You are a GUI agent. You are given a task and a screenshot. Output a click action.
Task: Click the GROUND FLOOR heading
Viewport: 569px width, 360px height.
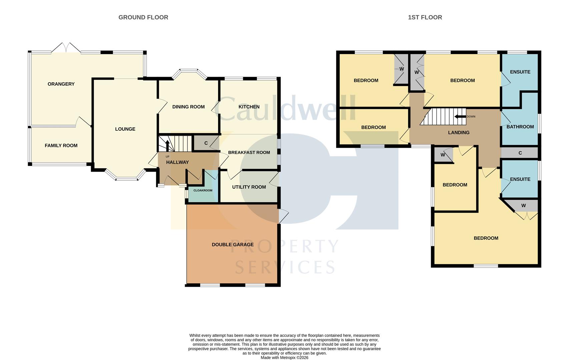[x=143, y=17]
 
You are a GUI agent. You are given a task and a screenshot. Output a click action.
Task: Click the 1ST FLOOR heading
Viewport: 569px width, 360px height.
[x=425, y=17]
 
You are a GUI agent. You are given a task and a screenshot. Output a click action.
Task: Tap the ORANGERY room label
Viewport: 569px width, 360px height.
[x=61, y=84]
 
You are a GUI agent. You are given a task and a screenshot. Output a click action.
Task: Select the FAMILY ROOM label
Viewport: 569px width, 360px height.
[x=61, y=145]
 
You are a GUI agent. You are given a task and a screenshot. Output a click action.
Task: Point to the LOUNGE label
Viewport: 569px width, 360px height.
[x=125, y=129]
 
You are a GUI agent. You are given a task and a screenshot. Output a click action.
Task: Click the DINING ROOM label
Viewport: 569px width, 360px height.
[x=188, y=107]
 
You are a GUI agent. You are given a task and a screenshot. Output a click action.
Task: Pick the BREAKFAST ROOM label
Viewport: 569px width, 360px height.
[x=249, y=152]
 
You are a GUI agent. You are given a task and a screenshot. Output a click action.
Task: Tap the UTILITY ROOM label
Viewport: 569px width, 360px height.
[x=249, y=187]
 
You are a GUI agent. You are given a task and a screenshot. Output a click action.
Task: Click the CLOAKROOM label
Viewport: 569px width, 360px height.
[x=203, y=190]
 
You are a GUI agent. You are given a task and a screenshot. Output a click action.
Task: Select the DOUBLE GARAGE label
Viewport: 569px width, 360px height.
[x=233, y=244]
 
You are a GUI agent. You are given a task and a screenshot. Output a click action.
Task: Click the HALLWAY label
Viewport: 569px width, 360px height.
[x=177, y=162]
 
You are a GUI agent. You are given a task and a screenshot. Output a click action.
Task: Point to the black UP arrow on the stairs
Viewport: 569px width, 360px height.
[x=167, y=146]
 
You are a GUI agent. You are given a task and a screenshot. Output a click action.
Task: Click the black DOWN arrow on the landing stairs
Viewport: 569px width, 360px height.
[x=460, y=117]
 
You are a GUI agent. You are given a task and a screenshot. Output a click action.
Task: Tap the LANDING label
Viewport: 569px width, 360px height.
[x=459, y=133]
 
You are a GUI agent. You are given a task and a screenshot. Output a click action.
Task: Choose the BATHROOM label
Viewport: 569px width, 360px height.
[x=520, y=127]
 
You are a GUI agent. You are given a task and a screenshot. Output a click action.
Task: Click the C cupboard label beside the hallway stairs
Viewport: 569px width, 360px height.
[x=206, y=143]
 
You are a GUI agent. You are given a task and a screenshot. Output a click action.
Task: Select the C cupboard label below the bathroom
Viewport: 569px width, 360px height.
[x=520, y=153]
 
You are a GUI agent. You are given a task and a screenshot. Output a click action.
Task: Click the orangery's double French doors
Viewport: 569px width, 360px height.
[x=66, y=48]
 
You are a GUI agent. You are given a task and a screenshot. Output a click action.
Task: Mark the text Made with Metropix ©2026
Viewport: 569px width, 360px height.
[x=284, y=358]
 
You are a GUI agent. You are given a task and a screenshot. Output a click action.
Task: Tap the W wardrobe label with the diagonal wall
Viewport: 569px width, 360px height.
[x=524, y=206]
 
